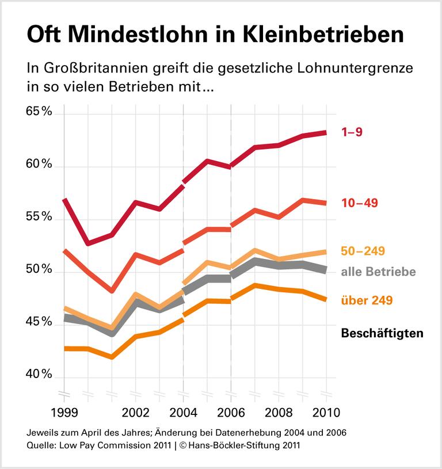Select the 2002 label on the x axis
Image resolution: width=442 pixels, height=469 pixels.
tap(135, 413)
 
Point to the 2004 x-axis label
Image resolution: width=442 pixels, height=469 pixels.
tap(183, 413)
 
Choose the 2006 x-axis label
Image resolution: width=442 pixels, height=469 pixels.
tap(231, 413)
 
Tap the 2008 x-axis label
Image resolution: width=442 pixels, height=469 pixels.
tap(279, 413)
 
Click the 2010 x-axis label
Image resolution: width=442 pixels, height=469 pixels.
tap(326, 413)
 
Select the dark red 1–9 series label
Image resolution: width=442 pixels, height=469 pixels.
tap(352, 132)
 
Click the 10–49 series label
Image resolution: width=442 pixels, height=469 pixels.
tap(359, 203)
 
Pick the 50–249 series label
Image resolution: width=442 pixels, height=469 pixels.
tap(363, 251)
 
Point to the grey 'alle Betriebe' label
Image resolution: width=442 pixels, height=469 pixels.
tap(378, 272)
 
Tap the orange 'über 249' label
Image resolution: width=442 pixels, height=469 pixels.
tap(367, 300)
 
